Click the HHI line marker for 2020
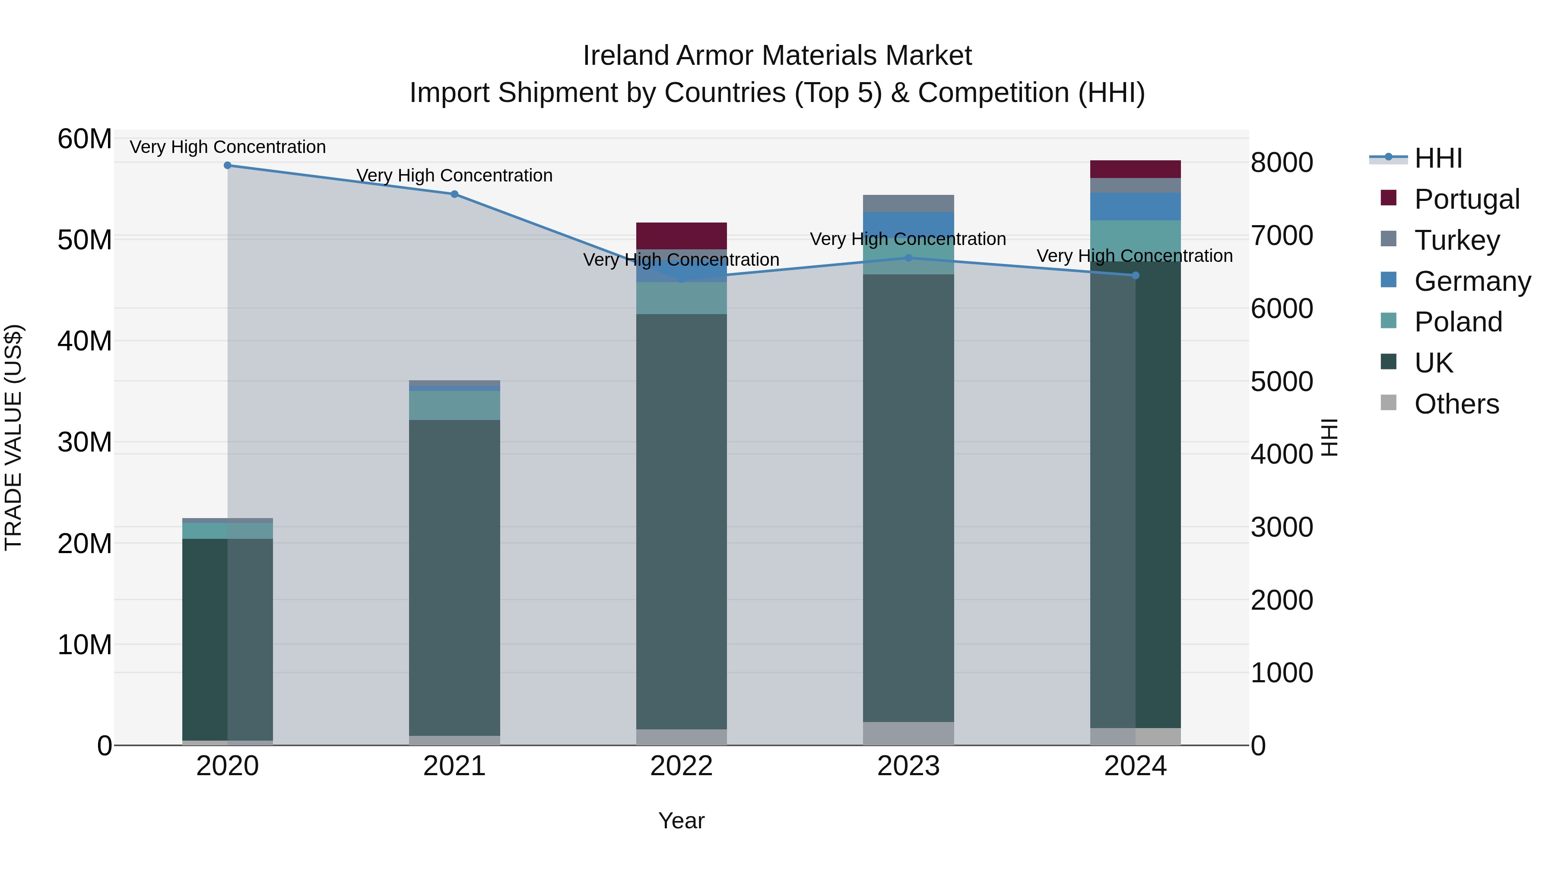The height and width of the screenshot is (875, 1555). [x=228, y=165]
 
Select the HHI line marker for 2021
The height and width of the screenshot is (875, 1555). [x=454, y=194]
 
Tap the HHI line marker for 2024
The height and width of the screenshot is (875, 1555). [x=1136, y=275]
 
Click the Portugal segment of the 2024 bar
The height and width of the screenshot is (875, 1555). [x=1136, y=169]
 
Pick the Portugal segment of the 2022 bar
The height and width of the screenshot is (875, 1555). [x=682, y=235]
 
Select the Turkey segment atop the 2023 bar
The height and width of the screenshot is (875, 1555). [x=908, y=204]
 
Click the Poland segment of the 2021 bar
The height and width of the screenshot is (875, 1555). [x=454, y=405]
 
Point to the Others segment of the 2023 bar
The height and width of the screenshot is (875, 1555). [x=908, y=733]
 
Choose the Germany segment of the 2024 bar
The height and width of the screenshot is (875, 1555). [x=1136, y=207]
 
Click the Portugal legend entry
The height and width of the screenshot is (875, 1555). [x=1467, y=199]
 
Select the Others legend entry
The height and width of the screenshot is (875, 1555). [x=1456, y=404]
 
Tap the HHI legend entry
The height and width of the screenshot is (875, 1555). [x=1438, y=158]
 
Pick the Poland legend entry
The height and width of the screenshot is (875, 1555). [x=1458, y=322]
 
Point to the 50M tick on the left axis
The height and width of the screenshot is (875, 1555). [x=85, y=240]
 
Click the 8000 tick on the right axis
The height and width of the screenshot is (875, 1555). [x=1282, y=162]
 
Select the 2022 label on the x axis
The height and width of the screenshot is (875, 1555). [x=682, y=766]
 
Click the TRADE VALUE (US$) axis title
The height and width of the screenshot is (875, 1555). [x=13, y=437]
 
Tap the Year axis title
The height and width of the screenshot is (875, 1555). [x=682, y=821]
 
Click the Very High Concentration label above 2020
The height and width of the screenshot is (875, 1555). [x=228, y=147]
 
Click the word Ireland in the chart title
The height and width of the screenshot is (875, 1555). [x=627, y=56]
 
